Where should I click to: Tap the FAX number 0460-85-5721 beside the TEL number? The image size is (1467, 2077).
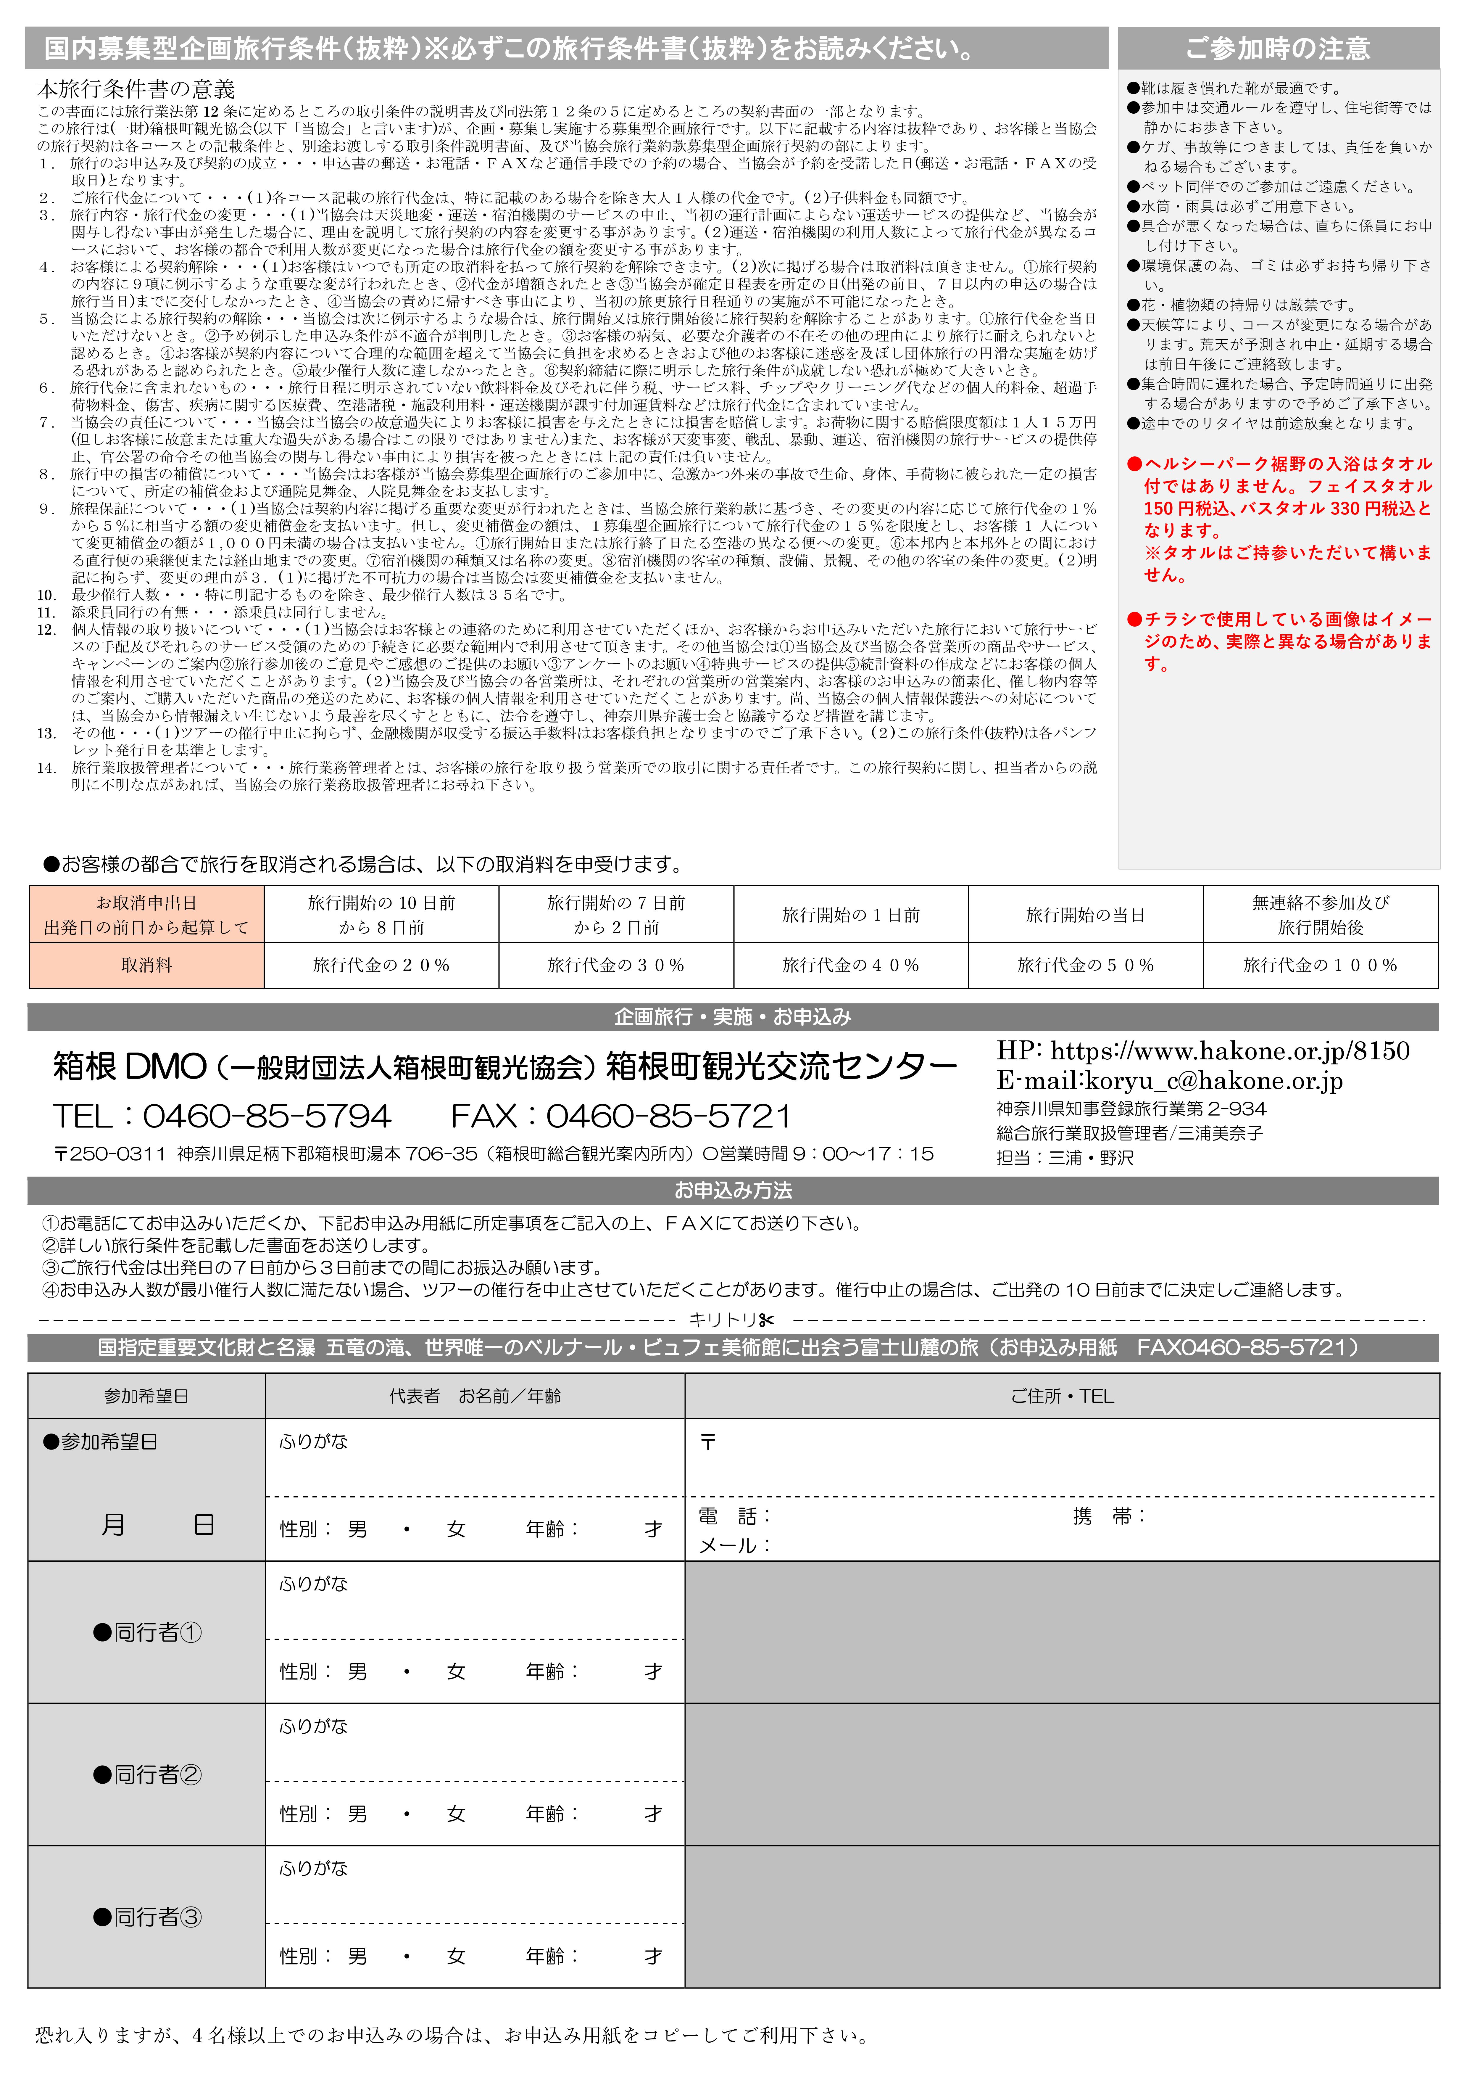pyautogui.click(x=668, y=1116)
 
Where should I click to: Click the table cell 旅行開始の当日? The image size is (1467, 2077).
pyautogui.click(x=1085, y=915)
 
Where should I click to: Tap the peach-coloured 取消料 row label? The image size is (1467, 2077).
pyautogui.click(x=146, y=965)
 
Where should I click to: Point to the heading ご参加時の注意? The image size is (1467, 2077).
pyautogui.click(x=1278, y=48)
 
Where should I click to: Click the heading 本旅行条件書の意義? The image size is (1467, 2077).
pyautogui.click(x=136, y=89)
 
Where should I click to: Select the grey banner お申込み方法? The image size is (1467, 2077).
pyautogui.click(x=733, y=1190)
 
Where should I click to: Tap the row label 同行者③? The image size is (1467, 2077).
pyautogui.click(x=147, y=1917)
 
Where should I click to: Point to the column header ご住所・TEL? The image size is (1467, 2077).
pyautogui.click(x=1062, y=1396)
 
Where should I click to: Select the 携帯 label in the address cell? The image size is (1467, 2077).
pyautogui.click(x=1108, y=1516)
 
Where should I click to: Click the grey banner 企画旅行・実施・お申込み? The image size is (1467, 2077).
pyautogui.click(x=733, y=1017)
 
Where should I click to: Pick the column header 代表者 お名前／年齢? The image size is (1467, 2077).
pyautogui.click(x=475, y=1396)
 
